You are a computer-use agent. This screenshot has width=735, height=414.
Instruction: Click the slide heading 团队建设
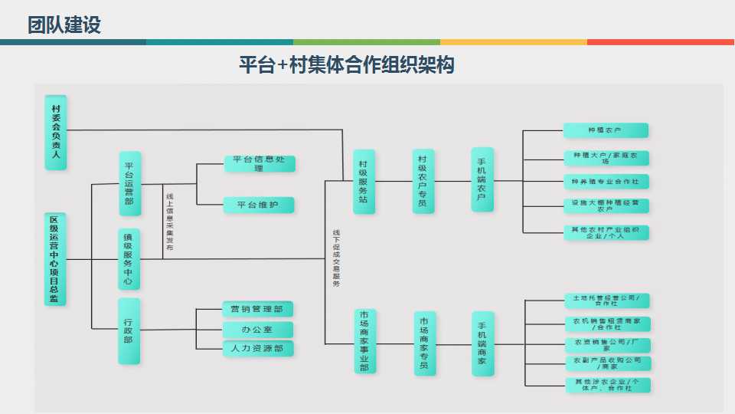click(x=64, y=25)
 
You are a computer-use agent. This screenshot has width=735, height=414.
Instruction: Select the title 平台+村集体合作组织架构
click(x=347, y=65)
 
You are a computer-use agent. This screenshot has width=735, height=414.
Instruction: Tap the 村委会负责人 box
click(x=55, y=131)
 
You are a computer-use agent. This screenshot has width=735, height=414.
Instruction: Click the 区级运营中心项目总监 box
click(x=55, y=259)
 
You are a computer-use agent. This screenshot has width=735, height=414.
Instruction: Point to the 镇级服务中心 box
click(x=129, y=259)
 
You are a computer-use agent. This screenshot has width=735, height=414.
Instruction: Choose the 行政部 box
click(x=129, y=330)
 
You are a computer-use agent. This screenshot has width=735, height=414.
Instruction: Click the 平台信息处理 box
click(x=260, y=163)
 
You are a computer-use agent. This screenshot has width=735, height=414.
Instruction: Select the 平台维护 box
click(x=259, y=205)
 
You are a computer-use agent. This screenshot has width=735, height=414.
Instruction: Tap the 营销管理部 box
click(x=258, y=309)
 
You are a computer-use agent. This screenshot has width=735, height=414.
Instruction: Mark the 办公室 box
click(x=258, y=329)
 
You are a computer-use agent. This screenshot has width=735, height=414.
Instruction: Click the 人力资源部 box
click(x=258, y=348)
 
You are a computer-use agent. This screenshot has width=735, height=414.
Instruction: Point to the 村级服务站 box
click(x=364, y=181)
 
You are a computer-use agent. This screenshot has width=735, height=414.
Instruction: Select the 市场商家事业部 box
click(x=364, y=341)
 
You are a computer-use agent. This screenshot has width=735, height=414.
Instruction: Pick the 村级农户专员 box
click(x=423, y=181)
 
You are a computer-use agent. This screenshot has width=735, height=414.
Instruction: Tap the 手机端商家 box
click(x=482, y=343)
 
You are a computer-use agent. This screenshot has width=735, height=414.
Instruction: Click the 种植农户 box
click(x=606, y=130)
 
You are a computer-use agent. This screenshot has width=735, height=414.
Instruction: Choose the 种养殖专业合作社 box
click(x=606, y=182)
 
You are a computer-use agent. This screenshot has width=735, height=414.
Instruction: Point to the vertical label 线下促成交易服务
click(x=336, y=258)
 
